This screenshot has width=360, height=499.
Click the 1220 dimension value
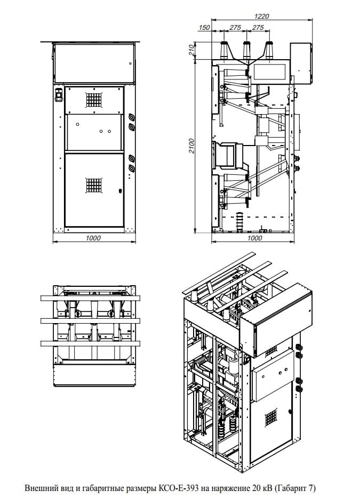[262, 16]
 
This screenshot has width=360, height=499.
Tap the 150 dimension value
[204, 27]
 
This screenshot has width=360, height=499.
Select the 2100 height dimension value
[191, 146]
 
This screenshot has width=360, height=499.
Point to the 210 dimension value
[191, 50]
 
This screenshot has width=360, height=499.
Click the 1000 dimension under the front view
[93, 238]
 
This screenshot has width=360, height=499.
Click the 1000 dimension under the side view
[254, 238]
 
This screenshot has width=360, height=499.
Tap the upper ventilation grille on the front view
[94, 100]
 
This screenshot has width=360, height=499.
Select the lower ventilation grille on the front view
[94, 185]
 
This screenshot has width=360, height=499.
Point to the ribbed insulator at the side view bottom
[239, 222]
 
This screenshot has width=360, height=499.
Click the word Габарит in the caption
[293, 488]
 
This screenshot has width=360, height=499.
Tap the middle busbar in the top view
[90, 321]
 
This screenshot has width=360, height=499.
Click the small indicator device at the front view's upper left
[59, 95]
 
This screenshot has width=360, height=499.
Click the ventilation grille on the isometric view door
[270, 417]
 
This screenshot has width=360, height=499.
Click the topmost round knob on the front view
[131, 117]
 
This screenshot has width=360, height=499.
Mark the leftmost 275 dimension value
[235, 27]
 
